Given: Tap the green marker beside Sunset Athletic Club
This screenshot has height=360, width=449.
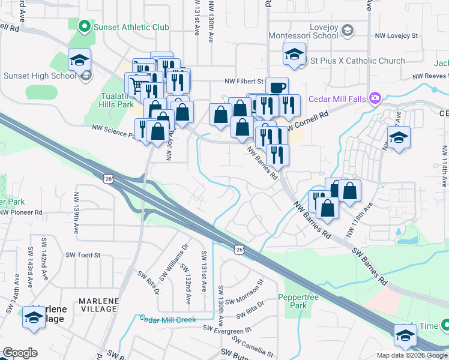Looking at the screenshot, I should click(x=84, y=26).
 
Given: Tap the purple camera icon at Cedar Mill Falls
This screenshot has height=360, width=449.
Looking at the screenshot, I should click(x=376, y=98).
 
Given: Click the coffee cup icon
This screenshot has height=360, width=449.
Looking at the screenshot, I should click(x=277, y=88).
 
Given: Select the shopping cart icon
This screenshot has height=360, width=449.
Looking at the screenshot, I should click(x=136, y=85).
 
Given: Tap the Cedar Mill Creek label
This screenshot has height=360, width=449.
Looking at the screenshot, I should click(x=167, y=319).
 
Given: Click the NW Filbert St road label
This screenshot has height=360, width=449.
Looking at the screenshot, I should click(x=244, y=81).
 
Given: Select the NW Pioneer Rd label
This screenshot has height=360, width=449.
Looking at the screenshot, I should click(x=22, y=212).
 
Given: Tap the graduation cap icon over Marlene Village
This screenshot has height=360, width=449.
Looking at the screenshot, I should click(x=34, y=317).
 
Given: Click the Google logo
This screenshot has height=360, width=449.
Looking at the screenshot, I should click(x=20, y=353).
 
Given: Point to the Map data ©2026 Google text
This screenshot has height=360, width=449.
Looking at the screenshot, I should click(x=412, y=355).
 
